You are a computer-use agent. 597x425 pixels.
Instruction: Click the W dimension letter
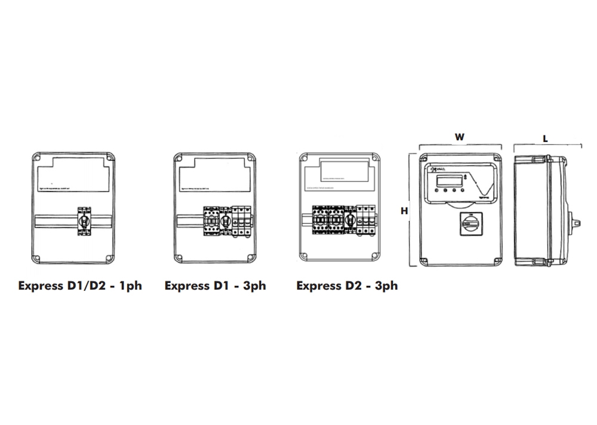click(x=459, y=137)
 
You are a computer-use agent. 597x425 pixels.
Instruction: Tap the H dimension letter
click(x=404, y=211)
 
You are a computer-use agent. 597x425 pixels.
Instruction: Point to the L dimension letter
click(x=546, y=138)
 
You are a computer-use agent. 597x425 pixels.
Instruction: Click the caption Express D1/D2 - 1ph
click(x=80, y=285)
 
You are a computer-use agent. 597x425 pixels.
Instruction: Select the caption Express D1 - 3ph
click(x=215, y=285)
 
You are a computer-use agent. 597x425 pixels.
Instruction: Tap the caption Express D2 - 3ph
click(x=347, y=285)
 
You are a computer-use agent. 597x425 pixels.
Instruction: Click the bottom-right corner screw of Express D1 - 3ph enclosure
click(x=250, y=257)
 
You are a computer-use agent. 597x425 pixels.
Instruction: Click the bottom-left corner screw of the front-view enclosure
click(x=424, y=260)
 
